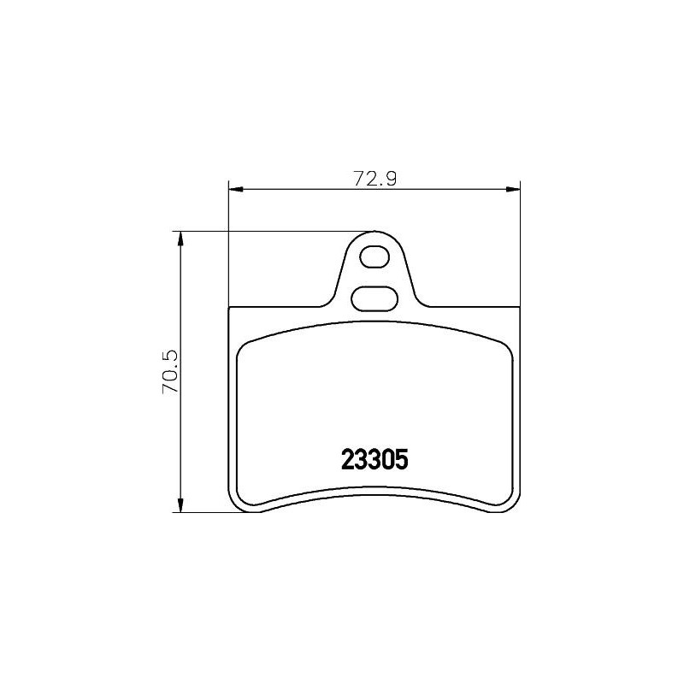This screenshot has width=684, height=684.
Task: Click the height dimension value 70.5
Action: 170,372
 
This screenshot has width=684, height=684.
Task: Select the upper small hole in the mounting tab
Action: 374,256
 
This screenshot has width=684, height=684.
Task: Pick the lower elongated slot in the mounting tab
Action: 373,298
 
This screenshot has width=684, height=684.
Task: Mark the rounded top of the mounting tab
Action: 374,233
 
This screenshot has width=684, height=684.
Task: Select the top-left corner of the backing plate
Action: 232,308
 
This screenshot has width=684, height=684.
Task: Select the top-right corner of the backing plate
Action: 518,308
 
